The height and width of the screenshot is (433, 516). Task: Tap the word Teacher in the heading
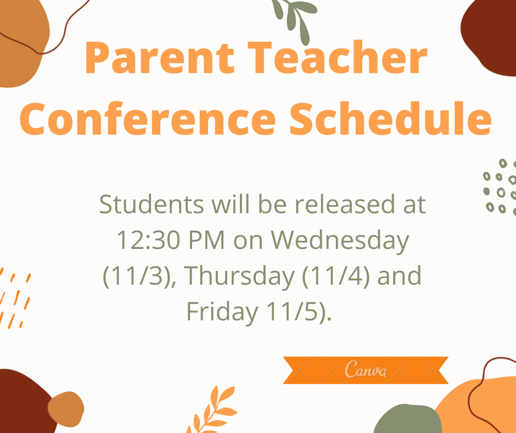(x=337, y=57)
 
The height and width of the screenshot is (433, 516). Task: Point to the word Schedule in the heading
(x=391, y=118)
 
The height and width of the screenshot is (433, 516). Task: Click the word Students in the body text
(x=152, y=204)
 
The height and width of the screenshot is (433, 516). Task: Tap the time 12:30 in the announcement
(x=148, y=240)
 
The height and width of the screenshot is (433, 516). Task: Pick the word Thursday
(x=239, y=276)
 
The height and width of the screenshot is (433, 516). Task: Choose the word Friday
(x=222, y=312)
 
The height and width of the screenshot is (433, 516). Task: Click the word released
(x=345, y=204)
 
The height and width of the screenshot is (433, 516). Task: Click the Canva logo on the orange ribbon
(x=366, y=369)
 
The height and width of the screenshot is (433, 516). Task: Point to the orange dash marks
(x=14, y=298)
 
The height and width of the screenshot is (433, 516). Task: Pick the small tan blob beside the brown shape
(x=66, y=409)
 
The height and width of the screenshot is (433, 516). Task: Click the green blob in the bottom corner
(x=408, y=420)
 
